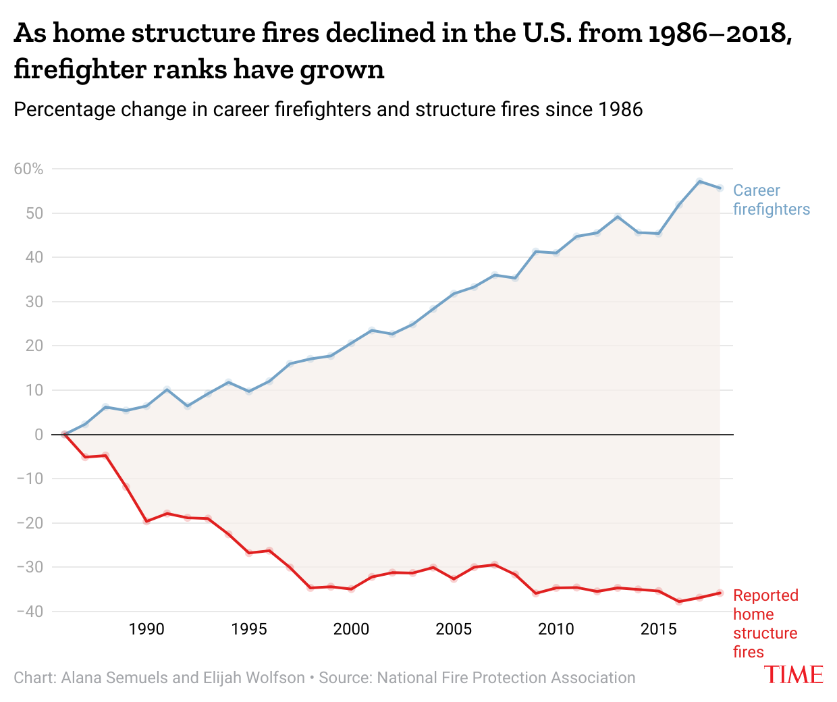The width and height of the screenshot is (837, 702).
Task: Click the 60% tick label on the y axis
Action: (x=28, y=169)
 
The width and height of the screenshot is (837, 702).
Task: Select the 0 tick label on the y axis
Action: (x=38, y=435)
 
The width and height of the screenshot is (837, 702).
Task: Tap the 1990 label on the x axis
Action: (x=146, y=629)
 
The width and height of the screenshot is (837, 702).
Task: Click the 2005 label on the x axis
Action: (x=454, y=629)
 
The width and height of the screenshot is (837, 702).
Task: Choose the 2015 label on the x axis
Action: (x=658, y=629)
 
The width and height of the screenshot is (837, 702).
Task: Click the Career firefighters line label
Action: (x=771, y=200)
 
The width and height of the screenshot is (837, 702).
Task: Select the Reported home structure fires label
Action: (x=765, y=624)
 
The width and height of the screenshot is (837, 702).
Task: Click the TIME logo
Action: (x=794, y=674)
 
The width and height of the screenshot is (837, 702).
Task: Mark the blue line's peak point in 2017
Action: (x=699, y=182)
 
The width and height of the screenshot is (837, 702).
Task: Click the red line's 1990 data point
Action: (x=146, y=522)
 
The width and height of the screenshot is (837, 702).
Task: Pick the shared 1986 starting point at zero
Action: (x=65, y=435)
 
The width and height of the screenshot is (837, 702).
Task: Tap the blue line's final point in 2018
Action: (x=720, y=188)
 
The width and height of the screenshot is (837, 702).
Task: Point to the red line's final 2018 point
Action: (x=720, y=593)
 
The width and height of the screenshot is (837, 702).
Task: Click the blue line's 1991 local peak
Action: (x=167, y=389)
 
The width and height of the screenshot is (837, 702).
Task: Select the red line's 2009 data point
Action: (x=535, y=593)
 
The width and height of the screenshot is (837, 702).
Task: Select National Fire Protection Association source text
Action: (x=506, y=678)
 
